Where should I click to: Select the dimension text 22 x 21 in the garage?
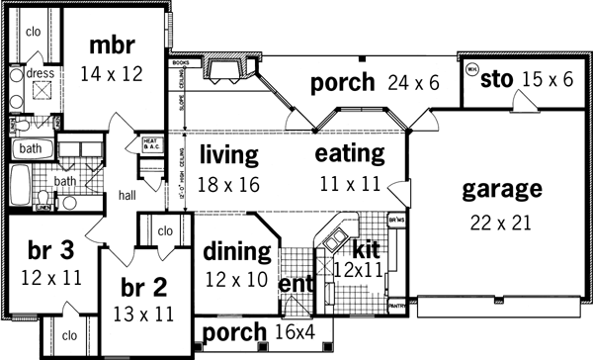(502, 222)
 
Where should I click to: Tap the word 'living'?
(228, 155)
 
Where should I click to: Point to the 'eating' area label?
(349, 154)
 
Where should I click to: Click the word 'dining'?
(237, 251)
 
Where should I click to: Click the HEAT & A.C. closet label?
(151, 144)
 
